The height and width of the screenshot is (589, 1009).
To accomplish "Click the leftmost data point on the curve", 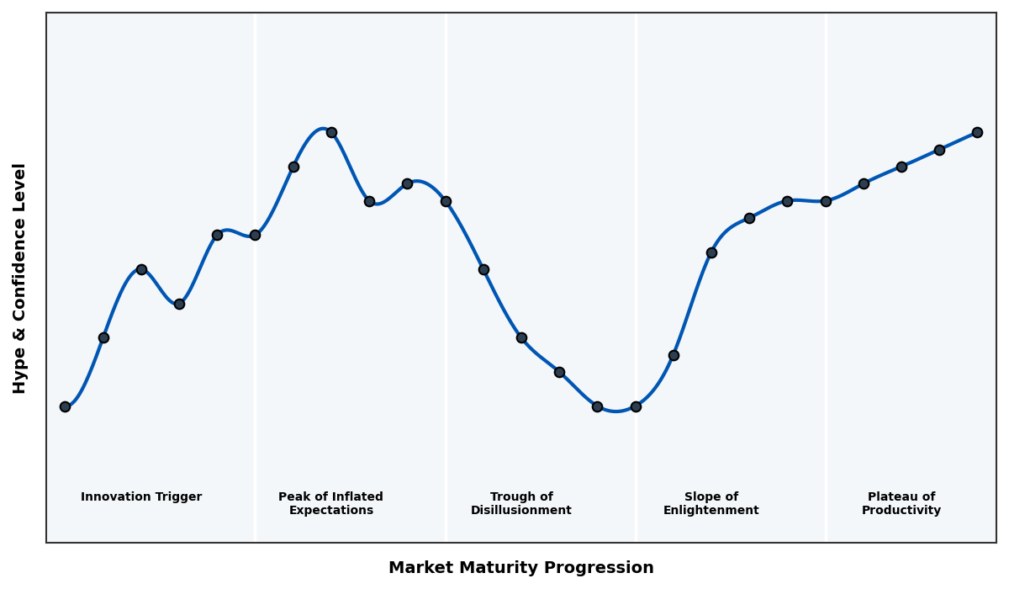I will (65, 406).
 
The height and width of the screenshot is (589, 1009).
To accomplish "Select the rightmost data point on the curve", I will (977, 132).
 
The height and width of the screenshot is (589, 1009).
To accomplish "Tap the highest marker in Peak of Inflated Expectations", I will (331, 132).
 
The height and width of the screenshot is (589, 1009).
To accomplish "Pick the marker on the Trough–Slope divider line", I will (636, 406).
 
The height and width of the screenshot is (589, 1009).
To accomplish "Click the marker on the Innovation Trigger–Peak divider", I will (255, 235).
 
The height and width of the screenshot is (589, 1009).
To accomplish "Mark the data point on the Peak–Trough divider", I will (446, 201).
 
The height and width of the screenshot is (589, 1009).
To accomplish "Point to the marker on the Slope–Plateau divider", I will (826, 201).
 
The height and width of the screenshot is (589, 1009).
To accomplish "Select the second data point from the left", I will (103, 337).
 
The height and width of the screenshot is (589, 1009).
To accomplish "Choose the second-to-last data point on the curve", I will (939, 150).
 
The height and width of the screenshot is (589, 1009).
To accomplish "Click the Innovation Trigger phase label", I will (141, 497).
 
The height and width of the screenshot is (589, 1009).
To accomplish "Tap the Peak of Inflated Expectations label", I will (330, 503).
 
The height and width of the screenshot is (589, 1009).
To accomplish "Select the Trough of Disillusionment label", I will (521, 503).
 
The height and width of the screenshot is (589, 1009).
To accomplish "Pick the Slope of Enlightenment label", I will (711, 503).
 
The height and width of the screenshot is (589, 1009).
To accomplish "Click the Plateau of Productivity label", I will (901, 503).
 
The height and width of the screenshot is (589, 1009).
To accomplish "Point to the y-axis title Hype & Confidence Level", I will (20, 278).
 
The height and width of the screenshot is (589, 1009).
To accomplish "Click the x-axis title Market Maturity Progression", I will (521, 568).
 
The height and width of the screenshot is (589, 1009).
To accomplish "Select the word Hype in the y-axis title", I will (20, 373).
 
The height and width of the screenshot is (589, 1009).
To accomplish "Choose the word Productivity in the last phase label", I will (901, 511).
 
